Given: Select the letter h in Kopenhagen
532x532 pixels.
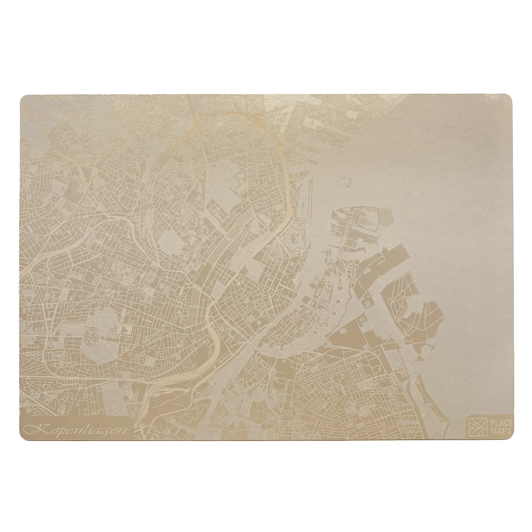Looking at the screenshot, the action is (x=87, y=428).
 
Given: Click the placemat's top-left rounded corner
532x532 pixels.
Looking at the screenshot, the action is (x=23, y=97).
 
